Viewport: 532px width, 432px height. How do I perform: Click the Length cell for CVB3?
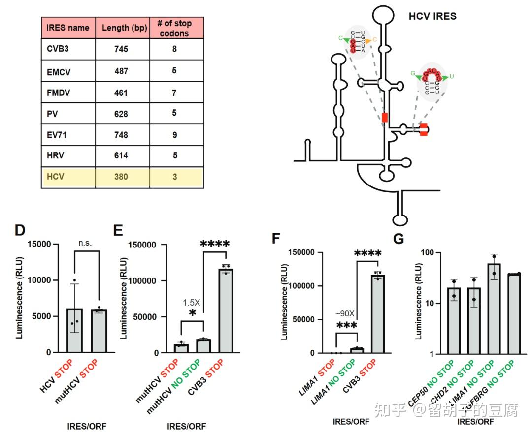point(121,49)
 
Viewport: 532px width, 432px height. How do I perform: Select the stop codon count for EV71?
point(174,135)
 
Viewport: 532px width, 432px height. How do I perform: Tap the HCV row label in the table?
point(56,177)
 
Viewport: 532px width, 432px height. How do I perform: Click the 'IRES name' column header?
point(68,28)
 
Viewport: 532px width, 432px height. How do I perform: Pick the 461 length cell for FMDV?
point(121,93)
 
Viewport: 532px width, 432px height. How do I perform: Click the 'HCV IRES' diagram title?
point(432,16)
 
